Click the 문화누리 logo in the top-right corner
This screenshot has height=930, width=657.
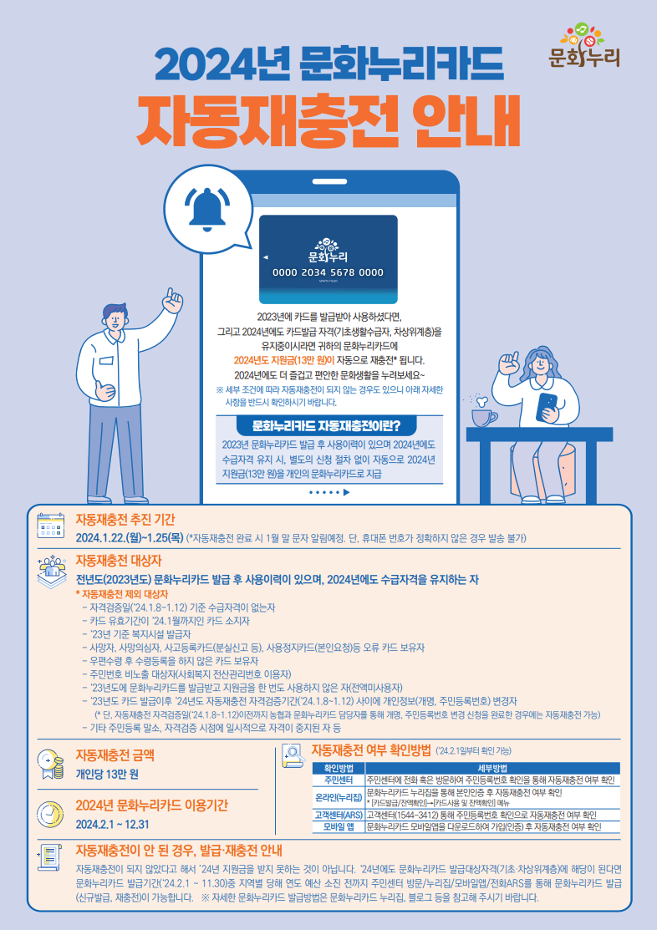(x=584, y=45)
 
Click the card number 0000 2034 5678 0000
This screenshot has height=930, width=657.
(x=328, y=272)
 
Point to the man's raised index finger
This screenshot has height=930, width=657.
(x=171, y=295)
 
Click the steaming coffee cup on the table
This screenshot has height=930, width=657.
(x=483, y=414)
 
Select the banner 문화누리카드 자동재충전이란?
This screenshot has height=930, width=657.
(x=327, y=426)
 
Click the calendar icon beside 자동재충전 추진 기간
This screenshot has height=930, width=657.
(x=50, y=526)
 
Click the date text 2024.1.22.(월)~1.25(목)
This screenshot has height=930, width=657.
(x=130, y=538)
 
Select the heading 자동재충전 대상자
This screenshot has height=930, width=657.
(x=118, y=561)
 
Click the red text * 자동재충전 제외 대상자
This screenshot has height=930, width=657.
(x=122, y=594)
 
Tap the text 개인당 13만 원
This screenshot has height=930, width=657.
(x=107, y=774)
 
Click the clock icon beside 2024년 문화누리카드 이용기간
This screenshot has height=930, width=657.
(x=50, y=814)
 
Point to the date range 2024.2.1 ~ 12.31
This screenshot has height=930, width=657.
(x=112, y=825)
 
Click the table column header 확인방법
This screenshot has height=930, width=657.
(x=339, y=768)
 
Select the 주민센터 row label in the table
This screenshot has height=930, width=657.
(x=339, y=780)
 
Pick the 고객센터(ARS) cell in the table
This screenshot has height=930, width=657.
(x=339, y=815)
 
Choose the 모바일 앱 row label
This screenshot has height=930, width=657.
(x=339, y=826)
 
